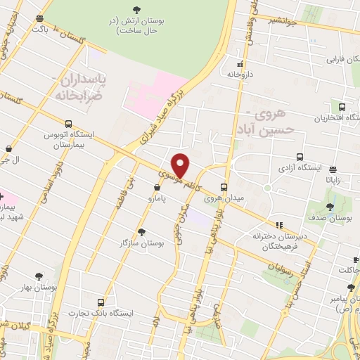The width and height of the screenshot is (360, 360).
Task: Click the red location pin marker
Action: coord(181,165)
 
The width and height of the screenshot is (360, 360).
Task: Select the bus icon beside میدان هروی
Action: coord(224,187)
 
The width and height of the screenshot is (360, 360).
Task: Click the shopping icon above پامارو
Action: coord(157,187)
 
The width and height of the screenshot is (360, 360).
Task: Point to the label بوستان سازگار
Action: coord(142,243)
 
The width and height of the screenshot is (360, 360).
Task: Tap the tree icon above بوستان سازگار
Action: coord(142,231)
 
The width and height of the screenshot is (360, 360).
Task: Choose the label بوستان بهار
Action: coord(39,288)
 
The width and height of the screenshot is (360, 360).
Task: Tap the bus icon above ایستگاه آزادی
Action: coord(300,157)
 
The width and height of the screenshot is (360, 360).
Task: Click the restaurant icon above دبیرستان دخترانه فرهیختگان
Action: coord(279,226)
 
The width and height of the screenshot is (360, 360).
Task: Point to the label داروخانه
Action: coord(249,73)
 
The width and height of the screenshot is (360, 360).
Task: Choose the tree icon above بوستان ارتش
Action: coord(136,9)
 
